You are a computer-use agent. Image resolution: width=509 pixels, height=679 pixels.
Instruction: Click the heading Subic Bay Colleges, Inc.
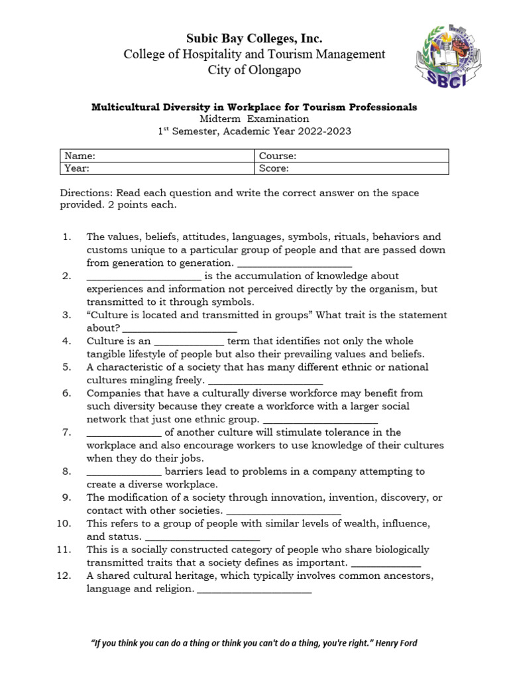tap(254, 38)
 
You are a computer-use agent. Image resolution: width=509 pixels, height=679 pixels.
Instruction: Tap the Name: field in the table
tap(157, 156)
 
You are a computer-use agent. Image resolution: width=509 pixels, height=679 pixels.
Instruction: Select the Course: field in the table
tap(351, 156)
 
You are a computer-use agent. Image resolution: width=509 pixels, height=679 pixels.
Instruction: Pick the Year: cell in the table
tap(157, 168)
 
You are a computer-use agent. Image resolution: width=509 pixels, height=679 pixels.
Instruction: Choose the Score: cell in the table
tap(351, 168)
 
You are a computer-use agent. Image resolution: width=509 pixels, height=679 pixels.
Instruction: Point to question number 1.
tap(66, 237)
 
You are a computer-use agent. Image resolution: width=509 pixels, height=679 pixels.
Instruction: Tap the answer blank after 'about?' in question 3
tap(180, 328)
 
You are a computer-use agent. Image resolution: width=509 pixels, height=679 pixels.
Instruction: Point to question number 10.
tap(64, 523)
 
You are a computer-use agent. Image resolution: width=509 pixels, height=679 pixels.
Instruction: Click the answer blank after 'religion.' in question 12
tap(254, 589)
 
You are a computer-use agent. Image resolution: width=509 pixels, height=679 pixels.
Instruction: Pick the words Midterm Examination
tap(254, 119)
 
